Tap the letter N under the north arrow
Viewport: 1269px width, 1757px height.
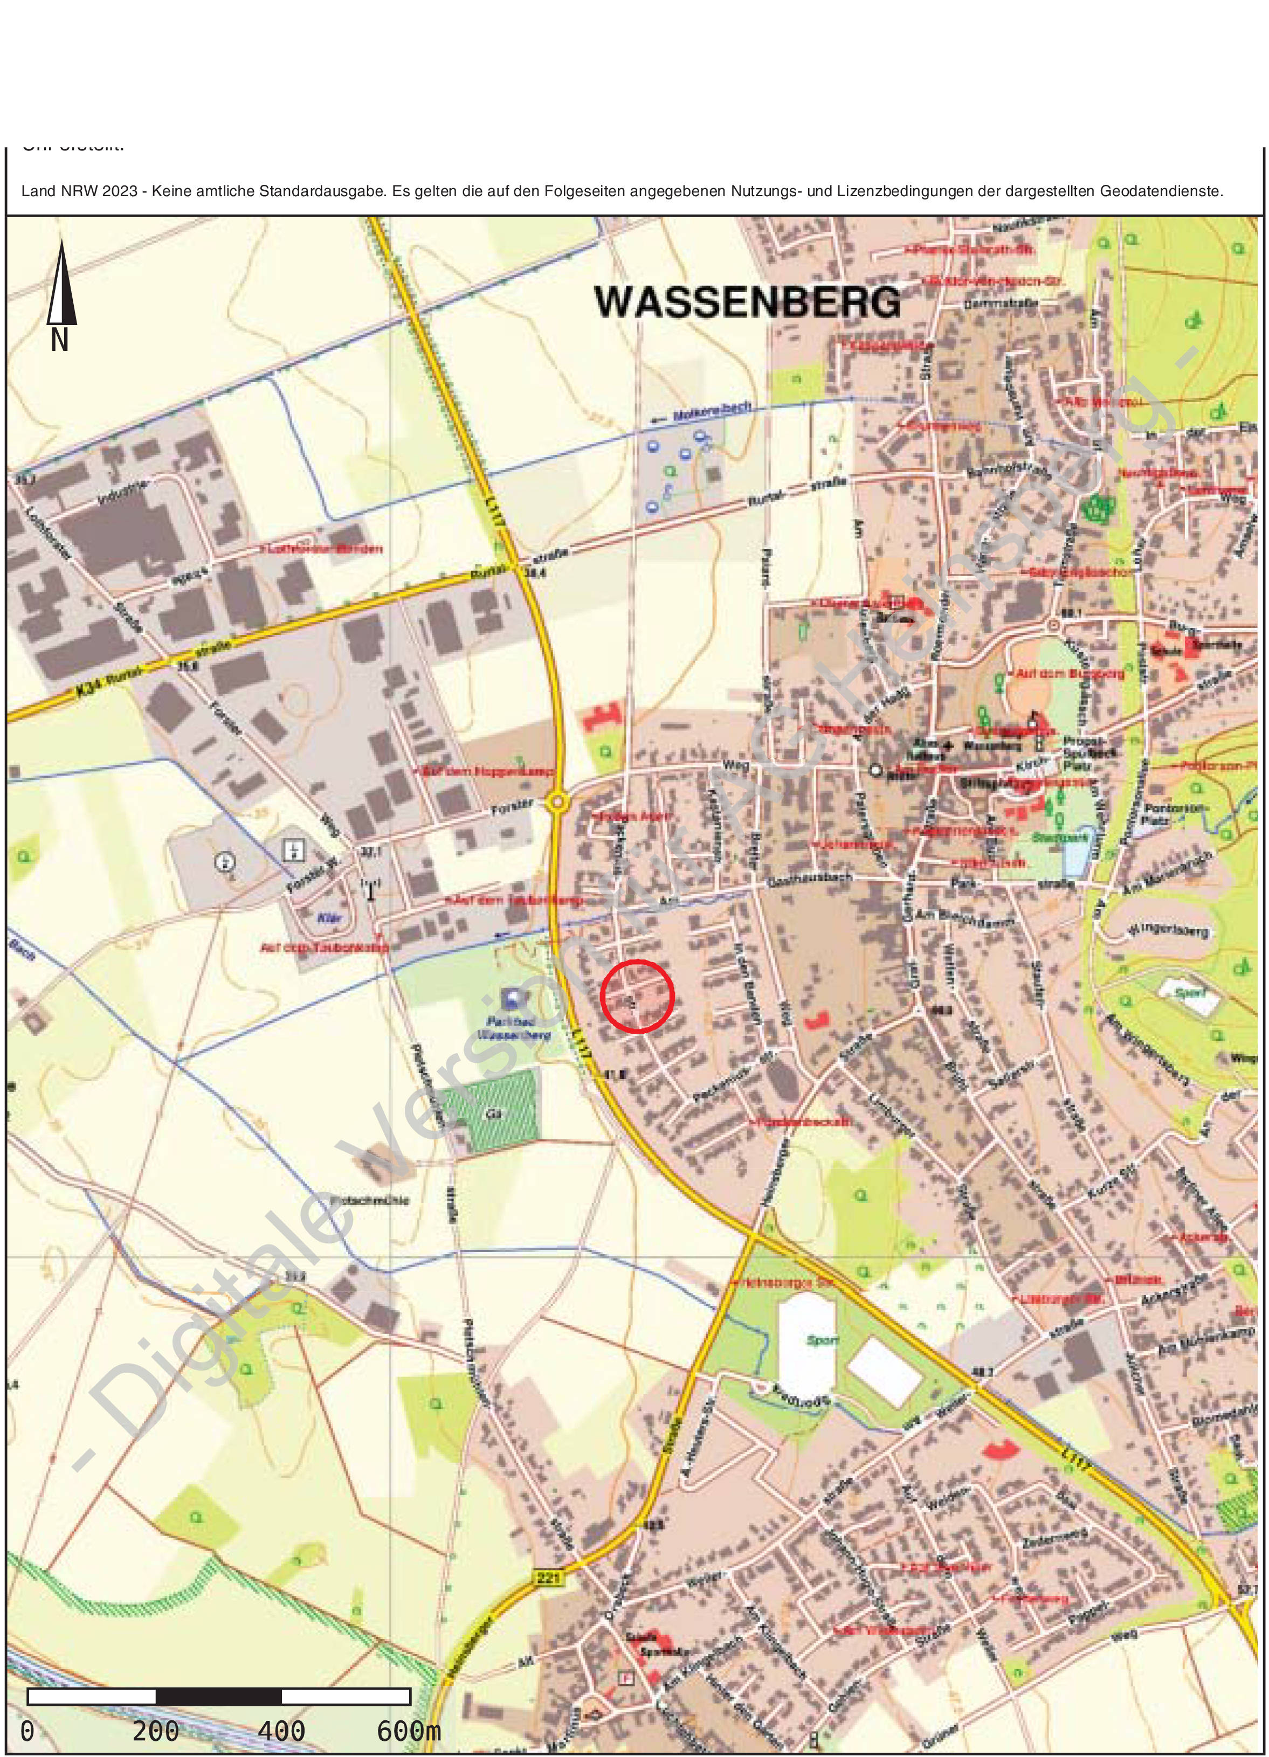[x=60, y=340]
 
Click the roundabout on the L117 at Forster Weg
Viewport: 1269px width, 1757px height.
[x=558, y=803]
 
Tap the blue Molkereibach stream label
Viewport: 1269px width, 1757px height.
[x=701, y=414]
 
